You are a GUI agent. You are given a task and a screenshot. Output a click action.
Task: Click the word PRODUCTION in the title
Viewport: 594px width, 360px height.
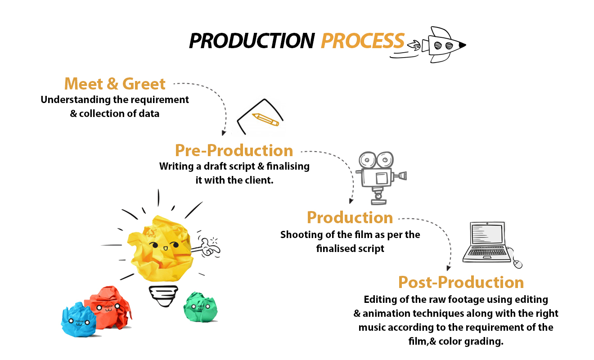coord(252,41)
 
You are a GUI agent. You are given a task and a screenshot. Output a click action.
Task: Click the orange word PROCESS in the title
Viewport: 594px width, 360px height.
coord(363,41)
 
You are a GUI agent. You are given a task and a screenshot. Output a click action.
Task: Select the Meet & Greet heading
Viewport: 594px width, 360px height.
coord(115,84)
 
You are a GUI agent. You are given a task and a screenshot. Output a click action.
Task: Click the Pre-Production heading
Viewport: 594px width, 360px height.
coord(234,150)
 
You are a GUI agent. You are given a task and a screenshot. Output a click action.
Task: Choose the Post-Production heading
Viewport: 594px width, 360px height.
coord(461,282)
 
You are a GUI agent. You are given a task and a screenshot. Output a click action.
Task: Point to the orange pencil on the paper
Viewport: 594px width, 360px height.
coord(265,120)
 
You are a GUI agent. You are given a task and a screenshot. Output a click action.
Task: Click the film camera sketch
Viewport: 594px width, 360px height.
coord(381,178)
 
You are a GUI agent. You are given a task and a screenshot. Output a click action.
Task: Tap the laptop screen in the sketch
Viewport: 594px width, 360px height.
coord(487,234)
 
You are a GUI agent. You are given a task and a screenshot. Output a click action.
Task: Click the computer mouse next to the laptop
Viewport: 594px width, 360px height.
coord(518,264)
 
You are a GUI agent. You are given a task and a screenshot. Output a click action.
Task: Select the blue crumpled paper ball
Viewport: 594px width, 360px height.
coord(78,320)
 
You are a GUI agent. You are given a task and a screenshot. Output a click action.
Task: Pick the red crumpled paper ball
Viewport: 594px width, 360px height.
coord(109,307)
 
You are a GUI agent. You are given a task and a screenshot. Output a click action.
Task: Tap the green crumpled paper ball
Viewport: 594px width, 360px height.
coord(201,307)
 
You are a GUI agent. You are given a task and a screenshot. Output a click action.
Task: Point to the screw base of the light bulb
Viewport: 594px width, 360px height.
coord(163,296)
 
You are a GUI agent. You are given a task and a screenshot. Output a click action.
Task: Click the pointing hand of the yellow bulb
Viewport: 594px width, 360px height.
coord(210,247)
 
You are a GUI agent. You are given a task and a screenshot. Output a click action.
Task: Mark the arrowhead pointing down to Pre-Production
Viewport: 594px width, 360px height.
coord(224,133)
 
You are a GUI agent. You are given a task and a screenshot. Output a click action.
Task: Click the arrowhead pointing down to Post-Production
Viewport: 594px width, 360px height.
coord(448,268)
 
